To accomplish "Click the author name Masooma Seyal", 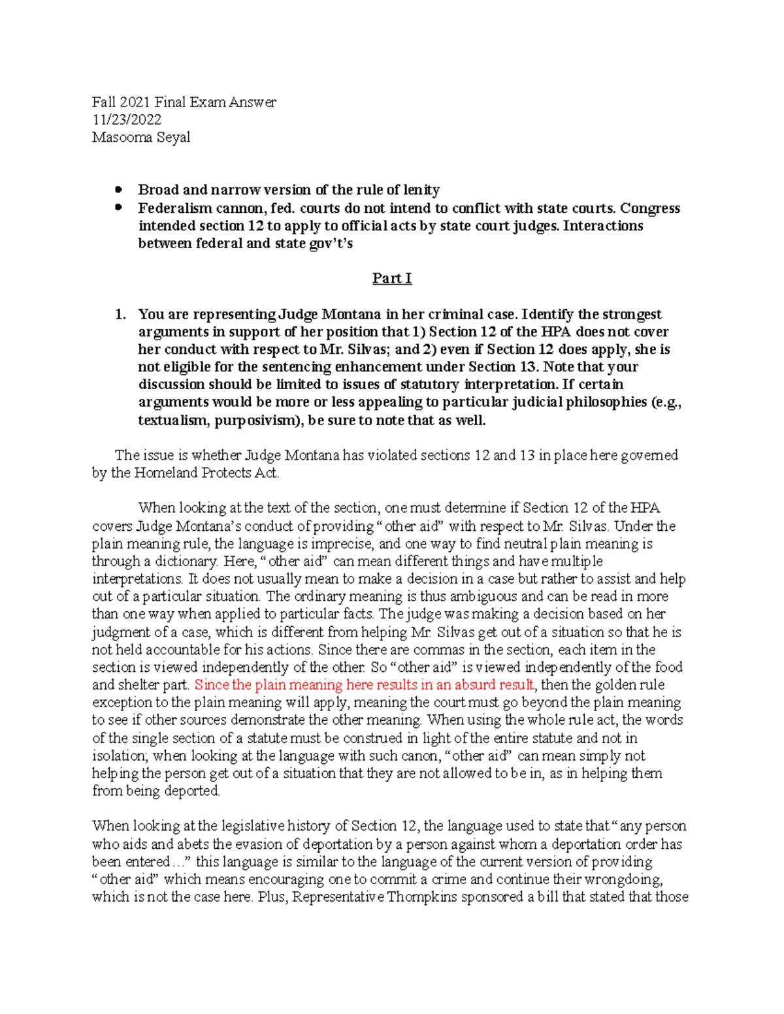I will pyautogui.click(x=141, y=137).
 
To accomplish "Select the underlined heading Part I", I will pyautogui.click(x=392, y=278).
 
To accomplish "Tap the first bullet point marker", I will pyautogui.click(x=118, y=190).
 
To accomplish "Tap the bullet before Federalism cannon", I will pyautogui.click(x=118, y=208).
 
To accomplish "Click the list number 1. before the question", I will pyautogui.click(x=120, y=314).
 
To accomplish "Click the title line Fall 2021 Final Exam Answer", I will pyautogui.click(x=184, y=102).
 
